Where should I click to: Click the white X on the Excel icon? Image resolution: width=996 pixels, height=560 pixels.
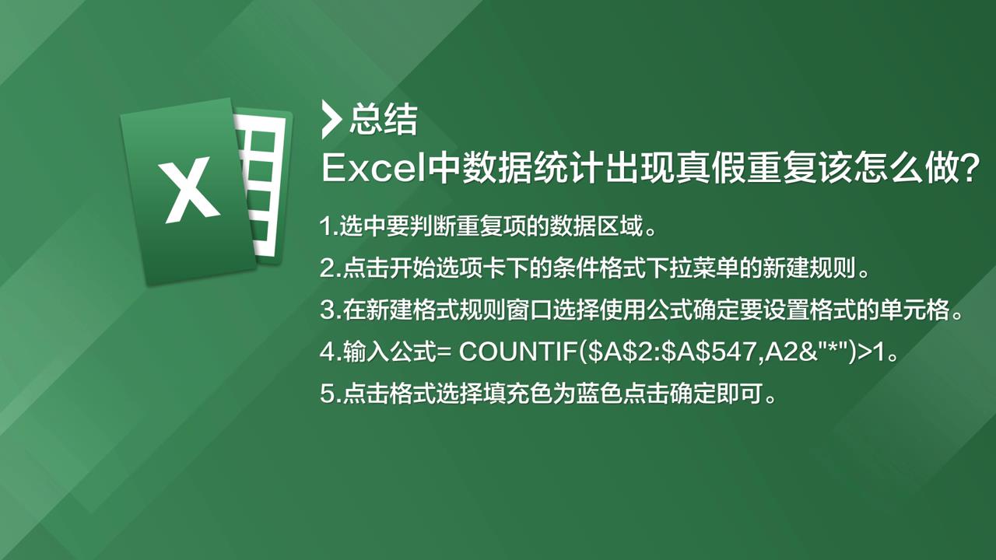coord(189,190)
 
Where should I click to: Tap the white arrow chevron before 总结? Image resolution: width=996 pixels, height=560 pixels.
coord(331,120)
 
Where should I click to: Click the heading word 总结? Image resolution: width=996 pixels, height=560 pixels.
coord(384,119)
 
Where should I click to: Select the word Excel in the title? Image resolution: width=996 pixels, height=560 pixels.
coord(373,169)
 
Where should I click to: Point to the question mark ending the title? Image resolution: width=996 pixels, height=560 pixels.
coord(970,169)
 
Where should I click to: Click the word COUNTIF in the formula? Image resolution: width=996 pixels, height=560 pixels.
coord(518,352)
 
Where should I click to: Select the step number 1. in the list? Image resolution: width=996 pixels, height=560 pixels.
coord(329,226)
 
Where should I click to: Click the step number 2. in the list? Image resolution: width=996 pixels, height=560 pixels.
coord(331,268)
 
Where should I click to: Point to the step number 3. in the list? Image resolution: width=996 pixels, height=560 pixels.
coord(331,310)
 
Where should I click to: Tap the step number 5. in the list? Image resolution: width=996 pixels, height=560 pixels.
coord(331,394)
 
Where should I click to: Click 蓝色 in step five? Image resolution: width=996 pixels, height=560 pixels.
coord(599,394)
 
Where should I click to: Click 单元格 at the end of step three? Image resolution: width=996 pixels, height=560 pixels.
coord(916,310)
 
